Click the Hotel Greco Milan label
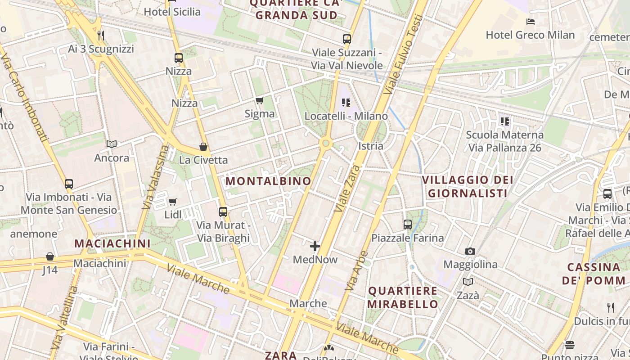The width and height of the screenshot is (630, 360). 530,35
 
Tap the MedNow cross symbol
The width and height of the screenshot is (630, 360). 315,246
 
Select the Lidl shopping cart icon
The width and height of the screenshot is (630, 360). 172,202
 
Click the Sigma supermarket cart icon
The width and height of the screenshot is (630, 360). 259,100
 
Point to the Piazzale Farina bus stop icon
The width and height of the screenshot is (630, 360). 408,224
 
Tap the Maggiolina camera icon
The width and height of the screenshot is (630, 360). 470,251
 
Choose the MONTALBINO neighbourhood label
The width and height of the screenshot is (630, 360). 268,181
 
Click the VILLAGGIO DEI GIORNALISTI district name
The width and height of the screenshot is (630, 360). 468,187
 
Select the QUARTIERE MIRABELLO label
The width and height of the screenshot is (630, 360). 403,297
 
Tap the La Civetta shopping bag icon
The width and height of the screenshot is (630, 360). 203,147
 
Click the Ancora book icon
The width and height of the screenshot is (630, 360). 112,144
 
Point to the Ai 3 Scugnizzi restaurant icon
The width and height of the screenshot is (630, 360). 101,35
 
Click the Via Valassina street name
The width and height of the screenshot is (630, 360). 155,177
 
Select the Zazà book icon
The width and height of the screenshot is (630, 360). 468,282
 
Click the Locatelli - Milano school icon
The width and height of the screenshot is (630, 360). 346,103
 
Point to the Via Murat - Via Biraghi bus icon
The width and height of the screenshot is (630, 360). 223,211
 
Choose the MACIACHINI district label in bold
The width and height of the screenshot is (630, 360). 112,243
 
